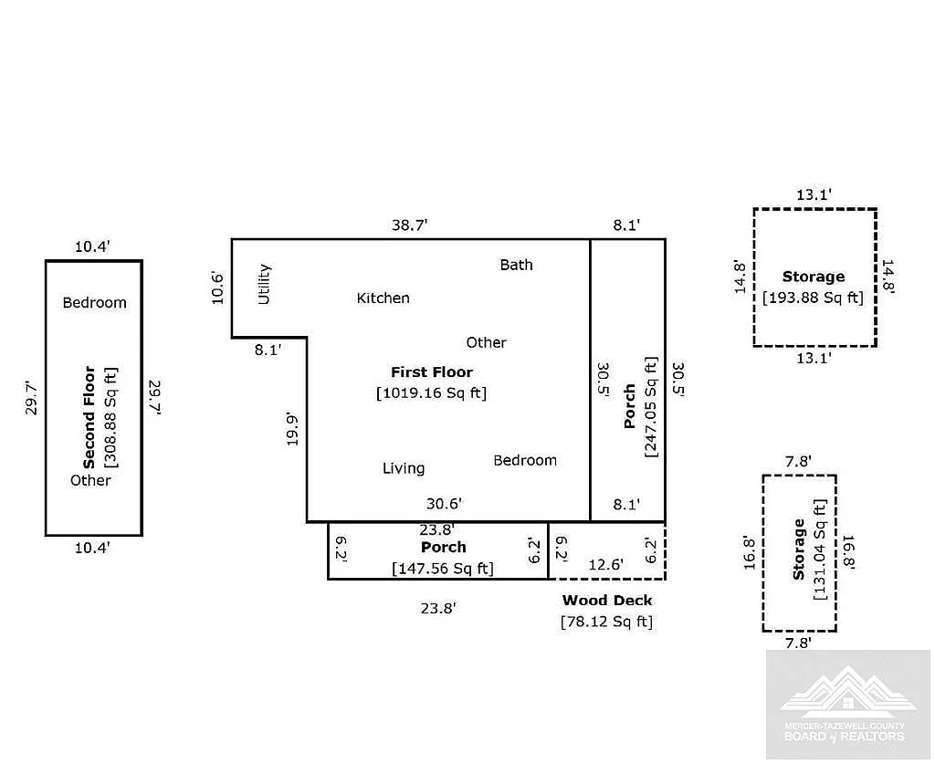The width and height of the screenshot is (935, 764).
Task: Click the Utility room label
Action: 264,284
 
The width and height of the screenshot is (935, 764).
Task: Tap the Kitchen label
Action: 383,298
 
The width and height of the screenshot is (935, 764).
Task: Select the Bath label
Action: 517,265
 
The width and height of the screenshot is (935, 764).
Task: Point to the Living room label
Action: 404,468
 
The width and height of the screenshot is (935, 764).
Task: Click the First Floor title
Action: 432,372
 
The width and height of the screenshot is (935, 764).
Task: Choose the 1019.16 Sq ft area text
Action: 432,392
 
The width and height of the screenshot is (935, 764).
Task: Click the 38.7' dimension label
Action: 410,225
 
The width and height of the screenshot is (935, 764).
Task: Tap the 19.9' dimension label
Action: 292,429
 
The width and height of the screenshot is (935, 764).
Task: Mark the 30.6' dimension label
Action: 445,504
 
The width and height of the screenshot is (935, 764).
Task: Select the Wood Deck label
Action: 607,600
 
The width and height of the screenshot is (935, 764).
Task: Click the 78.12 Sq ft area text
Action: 607,622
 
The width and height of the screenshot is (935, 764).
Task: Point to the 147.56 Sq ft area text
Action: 443,569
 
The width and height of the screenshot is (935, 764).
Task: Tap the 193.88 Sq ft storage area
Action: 814,298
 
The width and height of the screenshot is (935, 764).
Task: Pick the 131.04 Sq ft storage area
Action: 820,549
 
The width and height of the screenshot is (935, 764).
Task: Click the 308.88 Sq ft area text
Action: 110,417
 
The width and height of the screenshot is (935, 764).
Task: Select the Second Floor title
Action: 89,417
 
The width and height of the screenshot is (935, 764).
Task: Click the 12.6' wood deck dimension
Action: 606,564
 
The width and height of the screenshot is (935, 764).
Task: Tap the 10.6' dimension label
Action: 217,288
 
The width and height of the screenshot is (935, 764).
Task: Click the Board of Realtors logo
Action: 848,705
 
